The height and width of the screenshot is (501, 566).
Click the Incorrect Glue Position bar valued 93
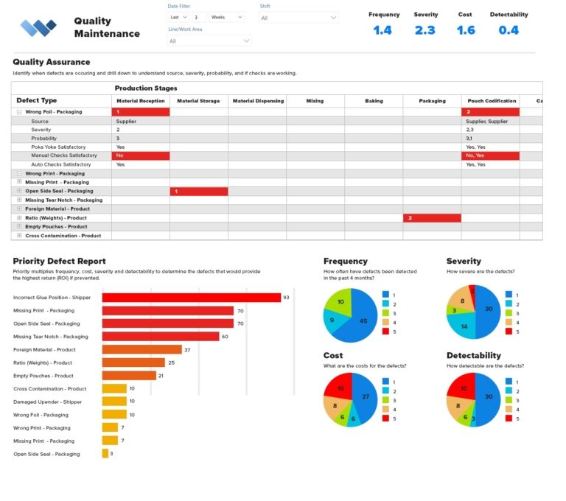(191, 298)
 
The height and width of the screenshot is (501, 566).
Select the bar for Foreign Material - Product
(141, 349)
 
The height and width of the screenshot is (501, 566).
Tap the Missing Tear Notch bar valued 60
(160, 337)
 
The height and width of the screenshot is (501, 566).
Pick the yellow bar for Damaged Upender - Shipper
(114, 402)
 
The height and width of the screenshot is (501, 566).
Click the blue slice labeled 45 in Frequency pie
(363, 320)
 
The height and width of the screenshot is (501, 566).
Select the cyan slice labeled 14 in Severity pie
(464, 325)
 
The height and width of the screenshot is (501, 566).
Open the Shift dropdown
(298, 18)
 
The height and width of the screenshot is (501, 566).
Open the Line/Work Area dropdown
(209, 41)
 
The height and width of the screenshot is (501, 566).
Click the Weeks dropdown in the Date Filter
(226, 17)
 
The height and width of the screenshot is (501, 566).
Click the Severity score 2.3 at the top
(425, 30)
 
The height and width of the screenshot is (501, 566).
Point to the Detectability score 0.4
(509, 30)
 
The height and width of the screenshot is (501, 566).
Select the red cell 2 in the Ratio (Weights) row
(432, 218)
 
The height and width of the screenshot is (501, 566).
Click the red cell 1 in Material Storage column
(199, 191)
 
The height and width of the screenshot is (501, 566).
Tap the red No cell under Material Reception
(141, 156)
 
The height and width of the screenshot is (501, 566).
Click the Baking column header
(374, 101)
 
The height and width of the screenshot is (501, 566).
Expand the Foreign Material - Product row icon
(19, 209)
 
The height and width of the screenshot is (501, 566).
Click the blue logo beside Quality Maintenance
(38, 28)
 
